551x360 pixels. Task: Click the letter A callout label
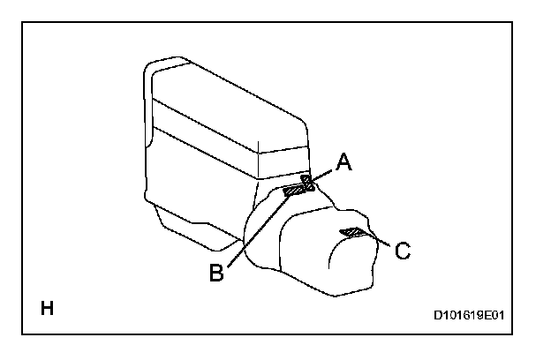tap(344, 161)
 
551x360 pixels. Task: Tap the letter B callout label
tap(216, 273)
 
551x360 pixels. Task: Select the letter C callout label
tap(402, 251)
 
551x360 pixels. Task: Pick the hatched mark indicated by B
tap(295, 189)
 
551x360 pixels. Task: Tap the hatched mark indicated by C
tap(351, 233)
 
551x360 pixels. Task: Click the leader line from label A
tap(322, 174)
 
